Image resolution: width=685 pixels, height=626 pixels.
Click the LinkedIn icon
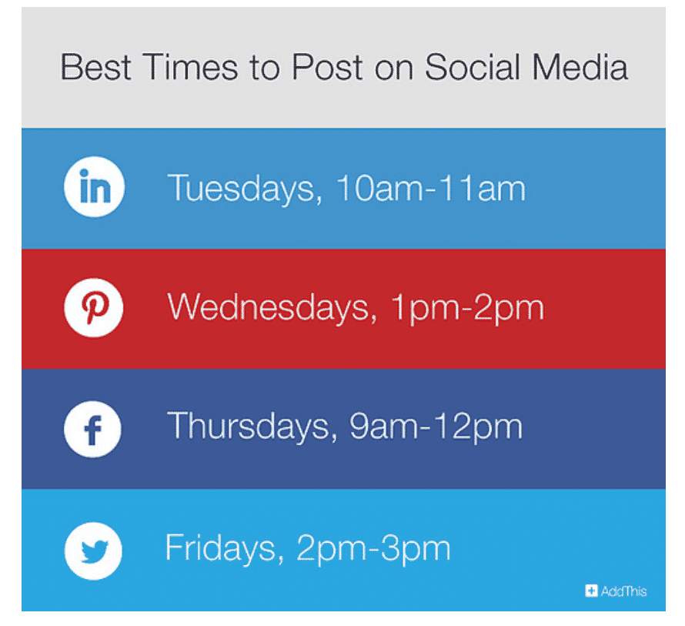click(93, 188)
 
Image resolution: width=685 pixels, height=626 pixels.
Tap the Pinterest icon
click(93, 308)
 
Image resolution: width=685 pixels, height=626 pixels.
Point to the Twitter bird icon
click(93, 550)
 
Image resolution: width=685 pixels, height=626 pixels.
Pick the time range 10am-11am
click(431, 189)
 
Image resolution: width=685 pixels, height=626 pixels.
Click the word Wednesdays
click(269, 308)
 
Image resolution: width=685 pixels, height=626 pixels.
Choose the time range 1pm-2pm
click(467, 308)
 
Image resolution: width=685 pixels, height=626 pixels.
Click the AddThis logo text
click(624, 591)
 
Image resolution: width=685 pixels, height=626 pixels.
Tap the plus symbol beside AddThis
click(591, 591)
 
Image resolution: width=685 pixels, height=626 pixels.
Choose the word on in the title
click(395, 68)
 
